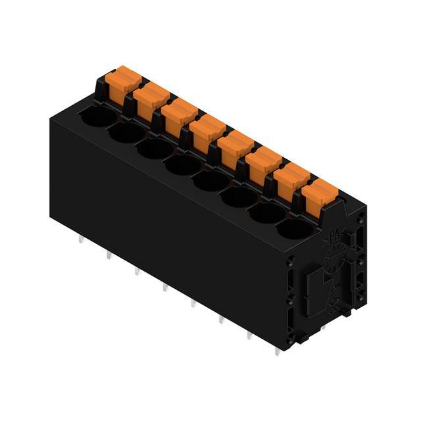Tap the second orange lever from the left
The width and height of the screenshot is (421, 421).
(151, 97)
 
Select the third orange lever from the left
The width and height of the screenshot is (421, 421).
(179, 112)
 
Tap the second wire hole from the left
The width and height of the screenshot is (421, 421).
(126, 133)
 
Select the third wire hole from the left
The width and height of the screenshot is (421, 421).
(155, 149)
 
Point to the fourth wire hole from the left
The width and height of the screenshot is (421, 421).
(183, 164)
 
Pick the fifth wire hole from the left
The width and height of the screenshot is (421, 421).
(211, 180)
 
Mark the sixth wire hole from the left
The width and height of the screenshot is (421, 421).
(239, 195)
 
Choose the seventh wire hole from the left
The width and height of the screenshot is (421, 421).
(268, 212)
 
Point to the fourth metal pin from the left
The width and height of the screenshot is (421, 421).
(164, 287)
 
